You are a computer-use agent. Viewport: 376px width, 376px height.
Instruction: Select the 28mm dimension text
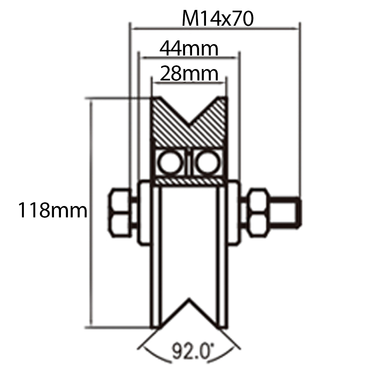(189, 75)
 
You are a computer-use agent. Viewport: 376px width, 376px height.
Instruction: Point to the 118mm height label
(53, 211)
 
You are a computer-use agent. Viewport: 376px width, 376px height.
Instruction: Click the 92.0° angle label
(191, 351)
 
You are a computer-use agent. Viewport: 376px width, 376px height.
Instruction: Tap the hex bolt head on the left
(120, 212)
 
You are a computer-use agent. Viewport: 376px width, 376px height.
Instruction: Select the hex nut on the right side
(258, 212)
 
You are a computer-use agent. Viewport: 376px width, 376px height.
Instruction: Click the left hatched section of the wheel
(167, 123)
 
